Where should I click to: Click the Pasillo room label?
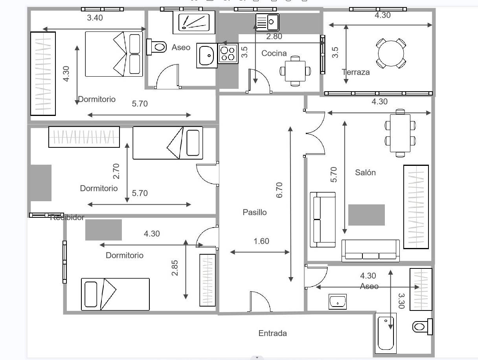254,212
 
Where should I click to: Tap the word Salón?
365,172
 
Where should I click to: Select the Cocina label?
274,53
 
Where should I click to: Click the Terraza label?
356,72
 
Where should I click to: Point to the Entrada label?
272,333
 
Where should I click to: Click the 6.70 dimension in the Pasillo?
280,190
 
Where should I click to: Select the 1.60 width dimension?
261,241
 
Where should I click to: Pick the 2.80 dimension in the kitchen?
274,37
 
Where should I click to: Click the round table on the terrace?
391,52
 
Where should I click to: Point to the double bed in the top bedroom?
114,54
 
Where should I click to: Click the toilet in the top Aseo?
156,47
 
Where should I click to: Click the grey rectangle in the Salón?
366,215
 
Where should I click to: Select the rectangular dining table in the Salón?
400,133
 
